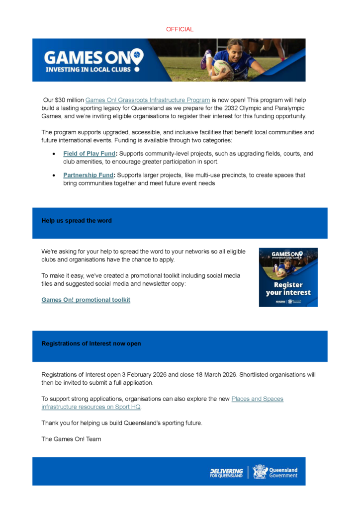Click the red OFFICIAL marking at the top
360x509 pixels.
pos(180,29)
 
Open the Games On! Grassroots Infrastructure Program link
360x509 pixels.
pos(148,100)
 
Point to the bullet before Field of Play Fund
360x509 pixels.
pos(53,154)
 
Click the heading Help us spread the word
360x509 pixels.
pos(77,221)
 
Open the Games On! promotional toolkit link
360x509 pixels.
pos(86,300)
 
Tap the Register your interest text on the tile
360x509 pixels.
pos(288,289)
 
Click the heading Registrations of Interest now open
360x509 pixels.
pos(91,343)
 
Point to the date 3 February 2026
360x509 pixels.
pos(144,375)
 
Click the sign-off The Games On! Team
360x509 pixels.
pos(71,439)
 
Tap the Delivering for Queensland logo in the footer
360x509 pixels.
pos(226,472)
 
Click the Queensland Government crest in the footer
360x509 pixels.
pos(260,472)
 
